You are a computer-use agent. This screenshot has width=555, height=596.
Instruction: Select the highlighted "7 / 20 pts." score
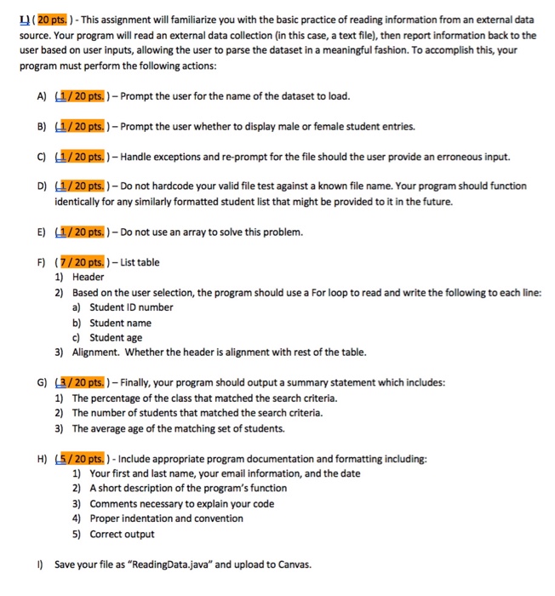point(93,261)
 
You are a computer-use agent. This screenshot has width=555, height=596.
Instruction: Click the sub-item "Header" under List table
point(88,277)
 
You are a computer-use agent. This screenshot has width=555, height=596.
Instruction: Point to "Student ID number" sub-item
point(131,307)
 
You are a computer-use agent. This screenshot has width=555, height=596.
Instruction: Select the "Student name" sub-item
point(120,323)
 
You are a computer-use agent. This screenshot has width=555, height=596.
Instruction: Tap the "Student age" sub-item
point(118,337)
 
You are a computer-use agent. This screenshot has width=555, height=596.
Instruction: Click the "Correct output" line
point(122,534)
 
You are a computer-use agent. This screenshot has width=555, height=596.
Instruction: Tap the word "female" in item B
point(310,126)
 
